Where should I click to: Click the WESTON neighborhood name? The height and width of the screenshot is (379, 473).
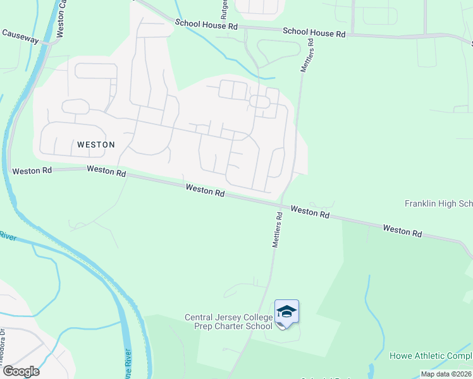tap(96, 145)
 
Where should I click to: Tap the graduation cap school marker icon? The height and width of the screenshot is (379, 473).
tap(286, 312)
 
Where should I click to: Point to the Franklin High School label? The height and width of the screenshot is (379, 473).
tap(438, 204)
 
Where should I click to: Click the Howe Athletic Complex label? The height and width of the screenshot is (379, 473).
tap(431, 356)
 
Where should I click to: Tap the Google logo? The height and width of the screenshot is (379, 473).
tap(21, 371)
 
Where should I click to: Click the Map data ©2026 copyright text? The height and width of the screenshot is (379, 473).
tap(446, 374)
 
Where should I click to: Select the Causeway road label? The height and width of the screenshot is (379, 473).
tap(20, 36)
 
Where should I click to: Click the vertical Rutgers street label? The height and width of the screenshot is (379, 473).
tap(224, 9)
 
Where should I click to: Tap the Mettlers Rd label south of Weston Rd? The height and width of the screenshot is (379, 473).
tap(277, 229)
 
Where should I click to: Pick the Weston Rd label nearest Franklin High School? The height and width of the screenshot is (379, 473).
tap(402, 231)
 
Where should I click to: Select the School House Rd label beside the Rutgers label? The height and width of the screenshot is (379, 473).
tap(206, 25)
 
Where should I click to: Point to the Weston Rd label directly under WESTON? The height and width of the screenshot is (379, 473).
tap(106, 171)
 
